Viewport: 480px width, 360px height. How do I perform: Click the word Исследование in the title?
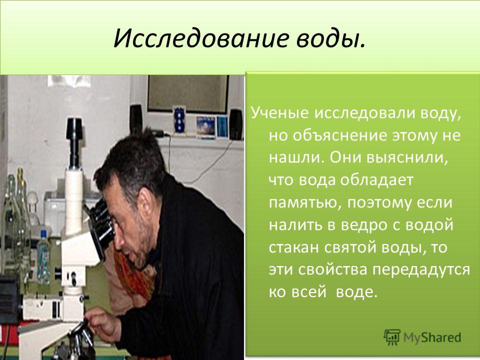(201, 39)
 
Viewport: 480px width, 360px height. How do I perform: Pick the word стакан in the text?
(293, 247)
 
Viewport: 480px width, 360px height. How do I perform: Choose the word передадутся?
(421, 269)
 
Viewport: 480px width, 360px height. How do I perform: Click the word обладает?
(377, 180)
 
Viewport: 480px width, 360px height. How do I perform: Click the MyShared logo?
(422, 337)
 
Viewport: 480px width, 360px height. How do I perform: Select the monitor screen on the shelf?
(188, 94)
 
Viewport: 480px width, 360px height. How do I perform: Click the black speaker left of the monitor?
(135, 119)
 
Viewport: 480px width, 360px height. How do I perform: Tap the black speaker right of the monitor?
(236, 124)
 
